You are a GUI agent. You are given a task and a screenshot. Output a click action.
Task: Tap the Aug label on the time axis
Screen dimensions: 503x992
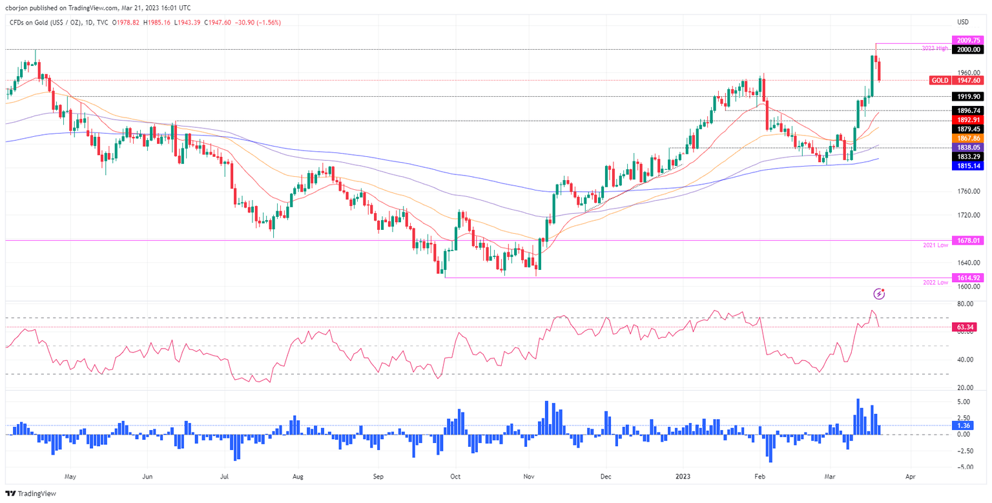point(298,478)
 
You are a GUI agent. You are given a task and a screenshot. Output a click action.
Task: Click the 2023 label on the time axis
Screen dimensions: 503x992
point(684,478)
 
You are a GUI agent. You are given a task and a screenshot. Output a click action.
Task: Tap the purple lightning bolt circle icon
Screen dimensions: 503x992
point(879,294)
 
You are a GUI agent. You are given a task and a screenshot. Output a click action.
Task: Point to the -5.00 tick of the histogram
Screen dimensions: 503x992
point(965,467)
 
